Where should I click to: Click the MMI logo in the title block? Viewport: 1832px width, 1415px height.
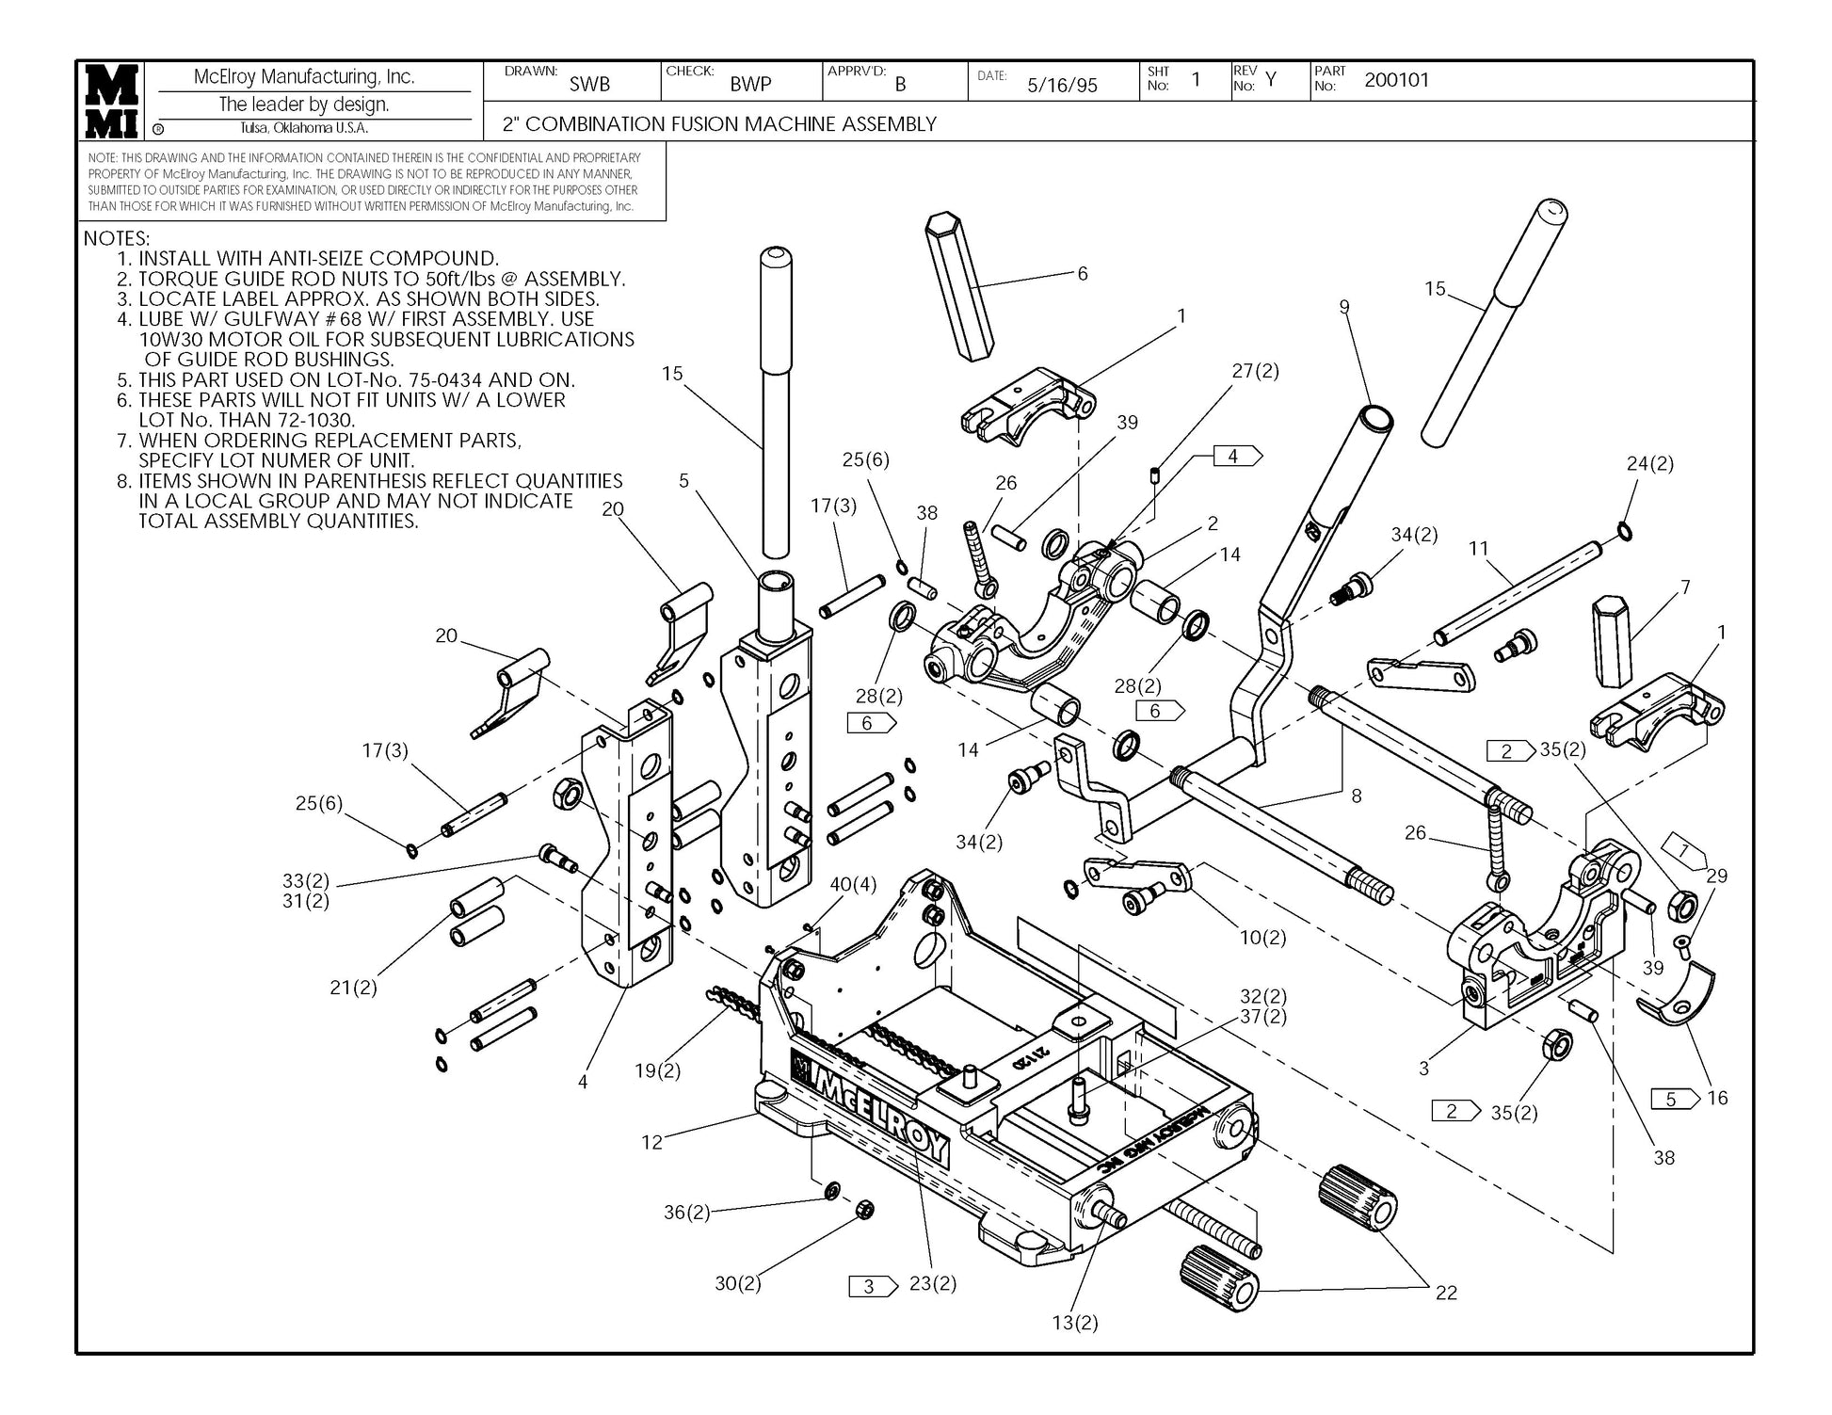point(113,102)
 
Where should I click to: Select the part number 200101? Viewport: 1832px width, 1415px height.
point(1396,80)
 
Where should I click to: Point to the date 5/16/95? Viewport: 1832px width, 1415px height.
point(1062,86)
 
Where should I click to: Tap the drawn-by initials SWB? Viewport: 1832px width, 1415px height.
point(589,85)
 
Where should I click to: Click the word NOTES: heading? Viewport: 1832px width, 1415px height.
point(117,238)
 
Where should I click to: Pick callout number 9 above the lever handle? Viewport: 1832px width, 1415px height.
point(1344,307)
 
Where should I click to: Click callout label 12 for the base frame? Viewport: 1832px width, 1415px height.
point(652,1142)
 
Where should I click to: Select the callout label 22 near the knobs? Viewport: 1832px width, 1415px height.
point(1446,1293)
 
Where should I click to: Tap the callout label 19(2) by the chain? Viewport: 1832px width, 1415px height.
point(657,1070)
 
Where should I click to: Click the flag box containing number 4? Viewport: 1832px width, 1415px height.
point(1236,457)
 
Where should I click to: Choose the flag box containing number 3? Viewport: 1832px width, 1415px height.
point(873,1286)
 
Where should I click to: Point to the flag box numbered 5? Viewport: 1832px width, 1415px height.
point(1675,1099)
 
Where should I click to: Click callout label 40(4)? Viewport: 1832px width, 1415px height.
point(853,885)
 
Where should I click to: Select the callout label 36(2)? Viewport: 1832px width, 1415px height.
point(687,1213)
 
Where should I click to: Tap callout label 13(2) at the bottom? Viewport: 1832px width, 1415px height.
point(1075,1323)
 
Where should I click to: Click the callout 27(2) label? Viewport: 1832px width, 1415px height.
point(1256,371)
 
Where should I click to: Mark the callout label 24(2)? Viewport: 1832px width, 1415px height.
point(1650,463)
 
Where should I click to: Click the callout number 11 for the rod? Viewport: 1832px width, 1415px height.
point(1479,548)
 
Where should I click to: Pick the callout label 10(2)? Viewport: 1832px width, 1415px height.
point(1262,938)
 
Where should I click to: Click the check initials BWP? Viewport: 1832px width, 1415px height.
point(750,85)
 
